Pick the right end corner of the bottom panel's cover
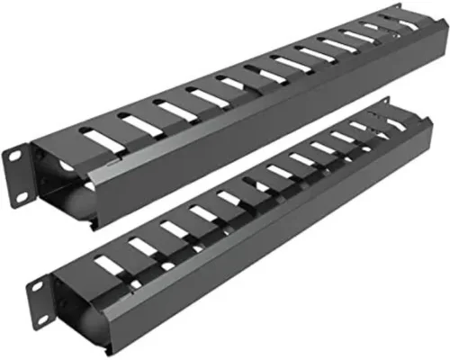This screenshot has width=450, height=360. pos(423,135)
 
